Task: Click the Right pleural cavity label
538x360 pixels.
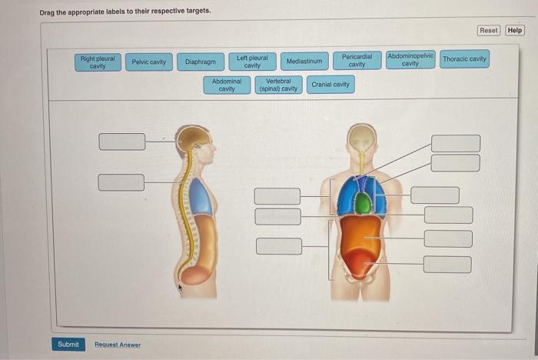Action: [x=98, y=62]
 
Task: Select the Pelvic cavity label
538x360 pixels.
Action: [x=148, y=62]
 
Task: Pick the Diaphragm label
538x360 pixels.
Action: [x=200, y=62]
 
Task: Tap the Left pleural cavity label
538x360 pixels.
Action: [x=252, y=62]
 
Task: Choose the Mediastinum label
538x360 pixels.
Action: [x=305, y=61]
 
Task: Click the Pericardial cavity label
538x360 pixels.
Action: [x=357, y=60]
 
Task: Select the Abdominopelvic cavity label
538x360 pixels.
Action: [x=410, y=59]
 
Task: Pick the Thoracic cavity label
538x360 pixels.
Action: [x=464, y=58]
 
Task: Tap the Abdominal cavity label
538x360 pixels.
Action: [x=227, y=85]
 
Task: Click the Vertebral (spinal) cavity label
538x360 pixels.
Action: [x=278, y=85]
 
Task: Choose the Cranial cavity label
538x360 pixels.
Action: [x=330, y=84]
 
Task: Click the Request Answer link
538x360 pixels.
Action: [x=118, y=345]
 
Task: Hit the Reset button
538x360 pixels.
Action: [x=489, y=30]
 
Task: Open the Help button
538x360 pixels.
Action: [x=515, y=30]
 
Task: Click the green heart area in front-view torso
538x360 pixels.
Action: [x=362, y=204]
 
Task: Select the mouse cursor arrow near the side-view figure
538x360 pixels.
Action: [x=181, y=289]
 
